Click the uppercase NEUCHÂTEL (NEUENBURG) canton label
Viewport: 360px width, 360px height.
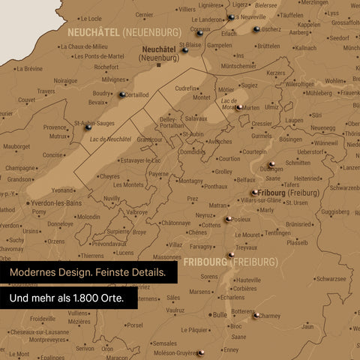tap(124, 32)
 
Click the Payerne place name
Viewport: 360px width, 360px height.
tap(158, 173)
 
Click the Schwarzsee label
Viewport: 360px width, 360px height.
tap(331, 277)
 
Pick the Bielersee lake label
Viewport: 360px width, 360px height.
tap(265, 4)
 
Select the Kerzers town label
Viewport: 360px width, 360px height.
tap(276, 73)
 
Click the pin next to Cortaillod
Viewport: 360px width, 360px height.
tap(121, 94)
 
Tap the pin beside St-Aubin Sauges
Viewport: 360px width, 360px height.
tap(88, 127)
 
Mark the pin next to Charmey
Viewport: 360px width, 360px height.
tap(256, 316)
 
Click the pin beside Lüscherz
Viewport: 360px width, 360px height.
tap(256, 29)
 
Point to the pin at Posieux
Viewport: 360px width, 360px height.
tap(228, 219)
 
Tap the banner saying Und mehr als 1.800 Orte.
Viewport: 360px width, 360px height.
tap(67, 298)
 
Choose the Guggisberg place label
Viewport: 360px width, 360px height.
tap(335, 212)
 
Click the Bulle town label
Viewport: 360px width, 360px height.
tap(220, 315)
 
